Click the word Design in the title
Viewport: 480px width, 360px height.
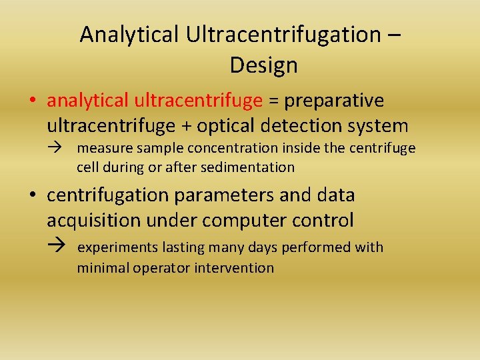pyautogui.click(x=263, y=65)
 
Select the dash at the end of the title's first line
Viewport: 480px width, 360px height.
pyautogui.click(x=393, y=35)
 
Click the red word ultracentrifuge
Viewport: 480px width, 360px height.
pyautogui.click(x=198, y=101)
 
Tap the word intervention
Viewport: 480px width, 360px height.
pyautogui.click(x=234, y=268)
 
